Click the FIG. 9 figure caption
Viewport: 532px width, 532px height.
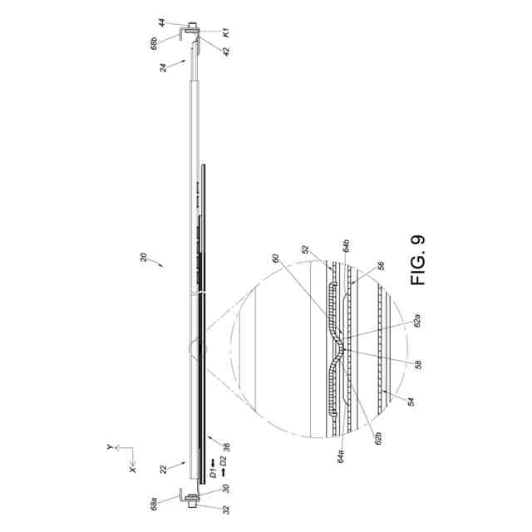[417, 260]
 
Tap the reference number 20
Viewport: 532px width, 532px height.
[144, 257]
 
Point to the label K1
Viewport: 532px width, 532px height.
[226, 32]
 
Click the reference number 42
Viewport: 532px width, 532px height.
[226, 52]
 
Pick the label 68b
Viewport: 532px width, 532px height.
[154, 44]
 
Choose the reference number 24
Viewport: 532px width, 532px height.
[164, 67]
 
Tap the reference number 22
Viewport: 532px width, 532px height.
[164, 469]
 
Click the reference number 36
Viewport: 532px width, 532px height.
[226, 446]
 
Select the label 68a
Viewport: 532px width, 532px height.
[154, 505]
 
